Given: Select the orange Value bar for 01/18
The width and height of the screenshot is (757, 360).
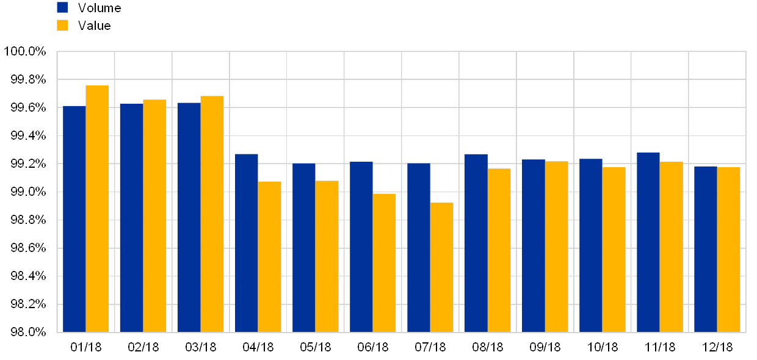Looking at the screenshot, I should pyautogui.click(x=97, y=209).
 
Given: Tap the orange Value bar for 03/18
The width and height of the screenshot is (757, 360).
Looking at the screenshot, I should pyautogui.click(x=212, y=214).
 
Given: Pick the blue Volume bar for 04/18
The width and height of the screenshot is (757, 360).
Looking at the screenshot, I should pyautogui.click(x=246, y=243).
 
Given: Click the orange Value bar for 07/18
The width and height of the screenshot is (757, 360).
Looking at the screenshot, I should pyautogui.click(x=441, y=267).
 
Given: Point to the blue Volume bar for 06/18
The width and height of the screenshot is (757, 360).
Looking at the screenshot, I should pyautogui.click(x=361, y=247).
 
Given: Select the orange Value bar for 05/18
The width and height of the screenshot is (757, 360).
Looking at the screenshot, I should pyautogui.click(x=327, y=256).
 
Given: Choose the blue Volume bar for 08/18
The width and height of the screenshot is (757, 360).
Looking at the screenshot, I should pyautogui.click(x=476, y=243).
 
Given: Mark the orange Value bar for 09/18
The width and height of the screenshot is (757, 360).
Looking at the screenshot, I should pyautogui.click(x=556, y=247).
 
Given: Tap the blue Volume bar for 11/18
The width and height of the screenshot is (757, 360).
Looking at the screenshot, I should pyautogui.click(x=648, y=242).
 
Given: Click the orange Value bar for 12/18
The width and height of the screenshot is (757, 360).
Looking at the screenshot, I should pyautogui.click(x=728, y=250).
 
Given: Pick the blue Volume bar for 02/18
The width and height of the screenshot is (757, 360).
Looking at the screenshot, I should pyautogui.click(x=131, y=218).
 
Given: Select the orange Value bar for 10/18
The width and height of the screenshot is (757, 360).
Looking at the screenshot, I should pyautogui.click(x=614, y=250).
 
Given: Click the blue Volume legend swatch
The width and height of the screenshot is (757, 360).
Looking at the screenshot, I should pyautogui.click(x=62, y=7).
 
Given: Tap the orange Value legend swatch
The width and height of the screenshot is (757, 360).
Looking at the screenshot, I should pyautogui.click(x=62, y=25).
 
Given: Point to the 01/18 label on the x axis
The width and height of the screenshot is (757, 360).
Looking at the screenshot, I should pyautogui.click(x=85, y=347).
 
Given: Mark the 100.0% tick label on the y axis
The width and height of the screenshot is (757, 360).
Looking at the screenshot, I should pyautogui.click(x=26, y=52).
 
